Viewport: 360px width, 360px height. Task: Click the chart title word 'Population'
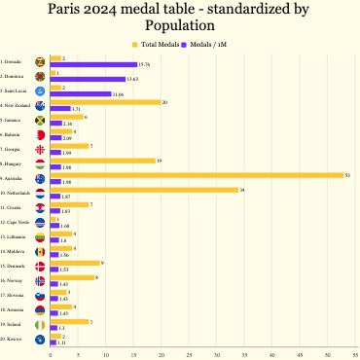coord(179,25)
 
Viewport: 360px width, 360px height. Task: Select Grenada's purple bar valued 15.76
coord(93,64)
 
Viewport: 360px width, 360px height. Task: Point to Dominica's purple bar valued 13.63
coord(88,79)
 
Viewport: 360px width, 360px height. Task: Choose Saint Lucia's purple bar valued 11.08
coord(81,93)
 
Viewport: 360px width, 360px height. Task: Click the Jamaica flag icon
coord(39,121)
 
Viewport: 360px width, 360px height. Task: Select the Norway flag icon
coord(39,280)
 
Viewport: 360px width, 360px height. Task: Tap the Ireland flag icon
coord(39,324)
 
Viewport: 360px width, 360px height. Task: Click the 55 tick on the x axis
coord(357,353)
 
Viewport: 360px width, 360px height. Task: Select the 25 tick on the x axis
coord(190,353)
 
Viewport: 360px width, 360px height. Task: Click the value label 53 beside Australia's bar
coord(348,174)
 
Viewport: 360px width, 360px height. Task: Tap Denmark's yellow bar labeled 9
coord(75,262)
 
